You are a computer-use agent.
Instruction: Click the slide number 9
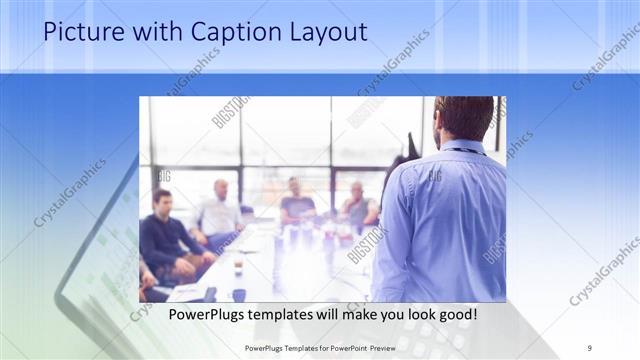[590, 349]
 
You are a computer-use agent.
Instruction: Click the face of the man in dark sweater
[162, 201]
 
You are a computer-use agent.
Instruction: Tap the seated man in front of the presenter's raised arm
[358, 206]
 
